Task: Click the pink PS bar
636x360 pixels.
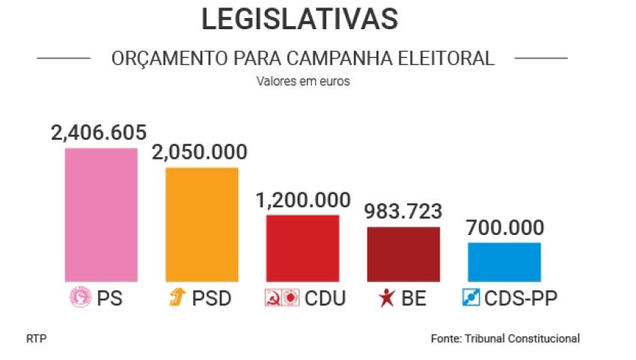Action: pos(101,215)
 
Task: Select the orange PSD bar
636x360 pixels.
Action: pos(202,225)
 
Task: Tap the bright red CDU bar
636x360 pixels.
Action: pos(302,248)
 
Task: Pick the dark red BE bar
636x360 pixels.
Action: pos(403,254)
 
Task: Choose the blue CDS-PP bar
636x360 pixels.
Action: pos(504,262)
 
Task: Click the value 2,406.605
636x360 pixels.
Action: pos(99,132)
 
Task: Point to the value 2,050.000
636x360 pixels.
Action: pos(200,152)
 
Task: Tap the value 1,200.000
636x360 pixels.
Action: pos(303,200)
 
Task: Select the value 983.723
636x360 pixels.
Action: pos(403,212)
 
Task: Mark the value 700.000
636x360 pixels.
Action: pos(505,228)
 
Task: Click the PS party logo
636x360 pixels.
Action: pos(80,296)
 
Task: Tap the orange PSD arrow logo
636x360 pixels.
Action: pos(177,296)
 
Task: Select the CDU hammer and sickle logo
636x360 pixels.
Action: pos(273,297)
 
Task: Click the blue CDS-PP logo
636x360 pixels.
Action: pos(471,297)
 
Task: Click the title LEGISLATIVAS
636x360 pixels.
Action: pos(300,19)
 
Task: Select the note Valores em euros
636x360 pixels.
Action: pos(303,81)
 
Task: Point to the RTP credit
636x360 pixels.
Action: pos(37,338)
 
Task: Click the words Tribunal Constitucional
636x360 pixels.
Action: pos(522,338)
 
